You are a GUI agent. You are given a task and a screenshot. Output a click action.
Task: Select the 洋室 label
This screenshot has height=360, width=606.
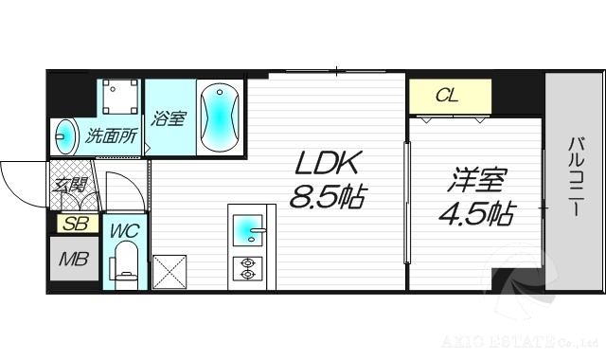476,180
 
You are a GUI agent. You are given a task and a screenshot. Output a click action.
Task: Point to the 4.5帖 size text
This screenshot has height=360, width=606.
475,214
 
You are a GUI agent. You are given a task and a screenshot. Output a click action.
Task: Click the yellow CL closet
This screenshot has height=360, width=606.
450,96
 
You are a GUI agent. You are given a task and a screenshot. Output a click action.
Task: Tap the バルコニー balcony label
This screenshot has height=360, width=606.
576,178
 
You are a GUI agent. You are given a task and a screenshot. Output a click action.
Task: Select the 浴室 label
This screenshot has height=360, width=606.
170,118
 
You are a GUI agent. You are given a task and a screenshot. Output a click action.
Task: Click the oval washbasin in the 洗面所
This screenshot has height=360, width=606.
67,135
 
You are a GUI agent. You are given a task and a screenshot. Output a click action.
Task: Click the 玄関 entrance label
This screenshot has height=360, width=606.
70,185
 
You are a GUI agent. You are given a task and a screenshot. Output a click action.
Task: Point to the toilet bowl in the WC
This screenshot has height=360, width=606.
125,263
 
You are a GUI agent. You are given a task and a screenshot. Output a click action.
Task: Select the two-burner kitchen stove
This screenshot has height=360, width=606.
248,267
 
